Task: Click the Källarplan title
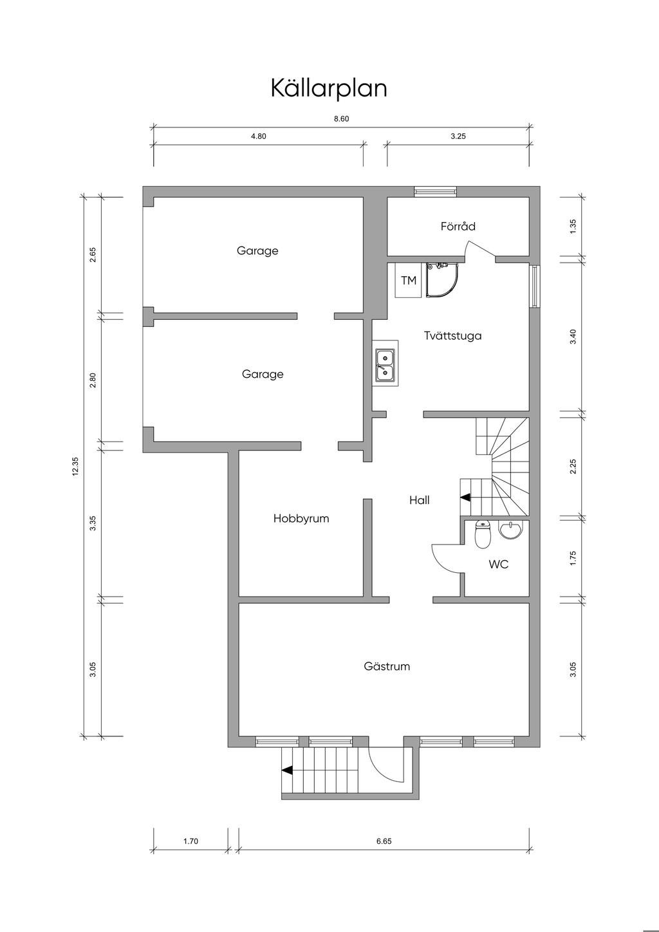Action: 329,88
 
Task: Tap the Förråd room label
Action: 458,227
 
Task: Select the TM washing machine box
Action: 409,281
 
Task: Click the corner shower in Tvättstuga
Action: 441,280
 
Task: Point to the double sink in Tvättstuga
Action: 385,363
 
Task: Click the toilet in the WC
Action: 483,534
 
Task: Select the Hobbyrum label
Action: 301,518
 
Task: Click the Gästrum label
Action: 387,666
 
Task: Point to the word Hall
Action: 420,500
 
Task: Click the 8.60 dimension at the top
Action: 342,119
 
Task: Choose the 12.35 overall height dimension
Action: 75,466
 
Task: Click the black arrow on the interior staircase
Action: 465,497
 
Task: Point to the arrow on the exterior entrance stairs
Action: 286,770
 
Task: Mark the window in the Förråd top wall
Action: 435,191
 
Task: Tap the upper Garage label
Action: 257,251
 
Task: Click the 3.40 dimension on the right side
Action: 573,336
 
